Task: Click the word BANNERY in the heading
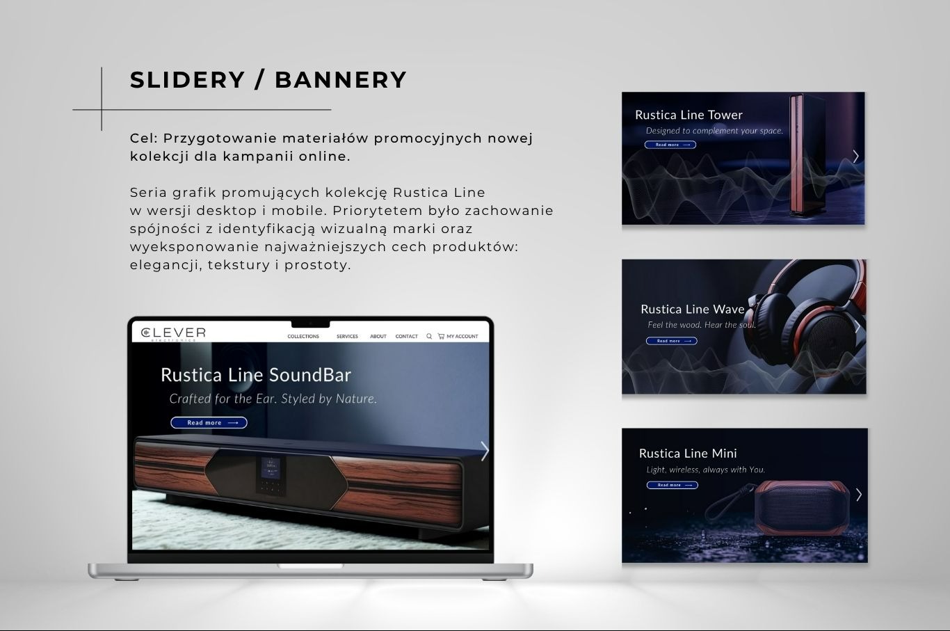pyautogui.click(x=341, y=80)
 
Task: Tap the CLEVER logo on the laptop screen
pyautogui.click(x=173, y=333)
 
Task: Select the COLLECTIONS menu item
pyautogui.click(x=303, y=337)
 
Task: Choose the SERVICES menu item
pyautogui.click(x=347, y=337)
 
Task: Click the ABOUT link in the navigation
pyautogui.click(x=378, y=337)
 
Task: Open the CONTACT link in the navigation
pyautogui.click(x=407, y=337)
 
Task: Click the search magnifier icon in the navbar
pyautogui.click(x=429, y=336)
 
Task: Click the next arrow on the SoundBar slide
pyautogui.click(x=485, y=451)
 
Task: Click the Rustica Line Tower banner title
pyautogui.click(x=689, y=115)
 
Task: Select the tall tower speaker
pyautogui.click(x=804, y=157)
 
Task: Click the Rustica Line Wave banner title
pyautogui.click(x=692, y=309)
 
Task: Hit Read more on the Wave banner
pyautogui.click(x=671, y=341)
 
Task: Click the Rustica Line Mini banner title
pyautogui.click(x=688, y=454)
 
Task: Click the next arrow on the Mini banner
pyautogui.click(x=859, y=495)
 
